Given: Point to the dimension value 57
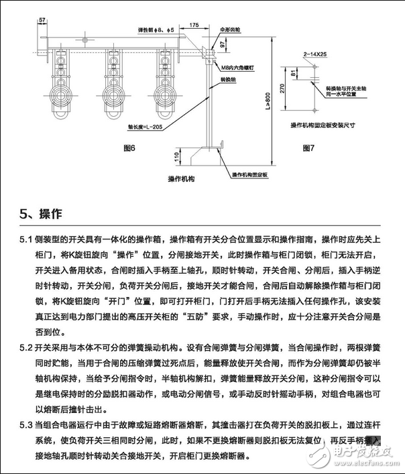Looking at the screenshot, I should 42,20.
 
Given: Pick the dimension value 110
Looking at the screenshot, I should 177,156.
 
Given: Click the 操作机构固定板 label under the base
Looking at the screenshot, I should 249,174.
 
